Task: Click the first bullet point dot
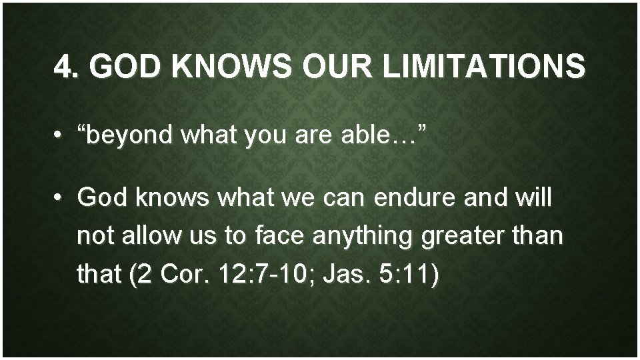60,137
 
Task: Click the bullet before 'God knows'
60,197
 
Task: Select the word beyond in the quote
126,137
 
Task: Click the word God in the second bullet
101,197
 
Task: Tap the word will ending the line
533,197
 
